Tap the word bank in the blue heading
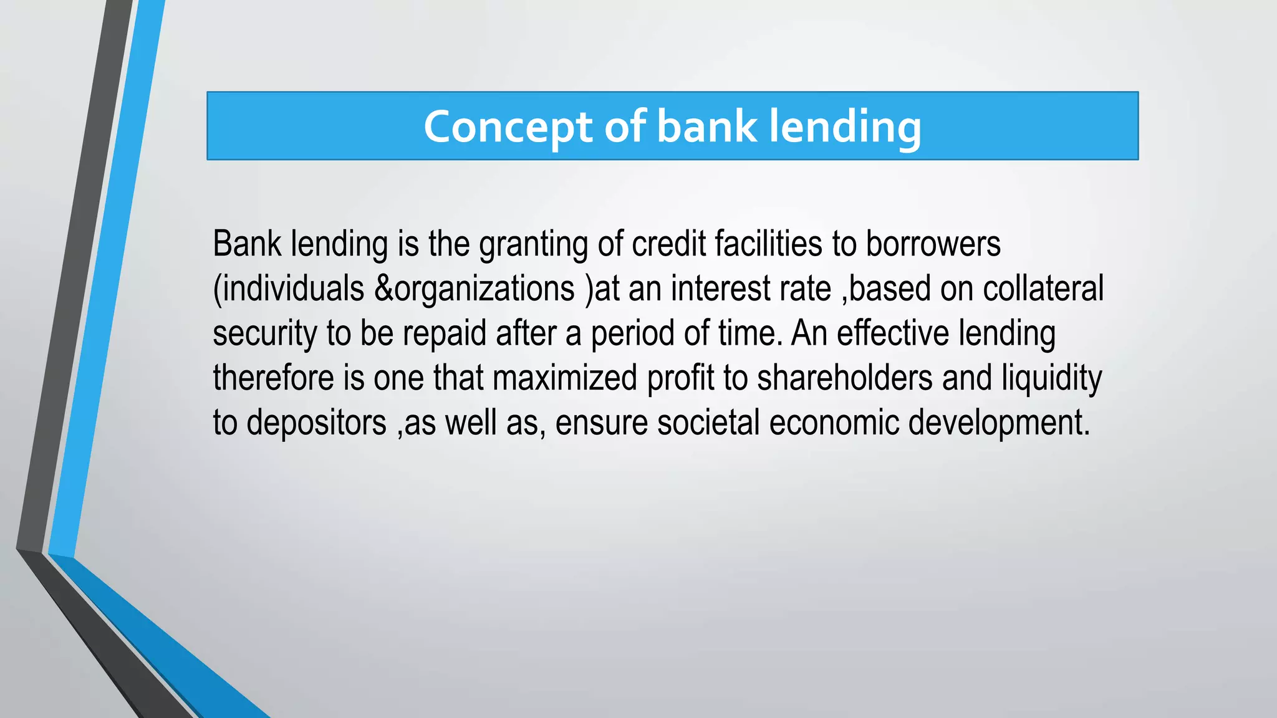click(706, 127)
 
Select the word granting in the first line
click(533, 244)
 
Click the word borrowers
click(933, 244)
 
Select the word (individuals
click(288, 289)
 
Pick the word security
click(265, 333)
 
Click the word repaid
click(444, 333)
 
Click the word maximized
click(565, 378)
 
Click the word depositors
click(316, 423)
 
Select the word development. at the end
click(999, 423)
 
